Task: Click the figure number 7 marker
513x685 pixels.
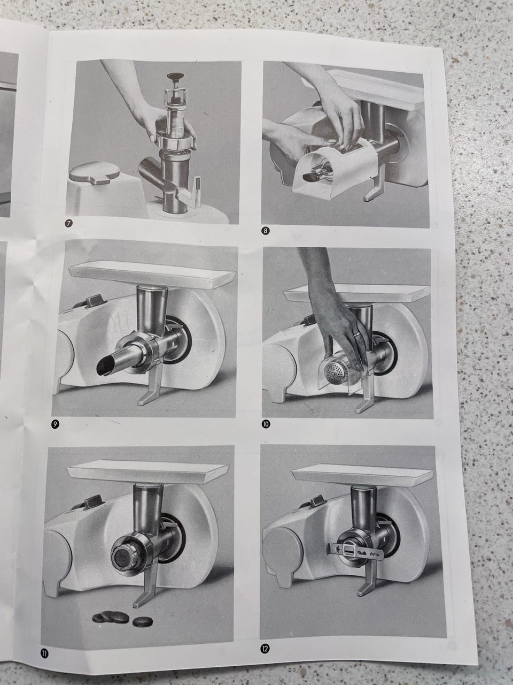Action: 69,223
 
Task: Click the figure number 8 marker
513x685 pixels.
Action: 265,231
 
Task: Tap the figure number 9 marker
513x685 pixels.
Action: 55,424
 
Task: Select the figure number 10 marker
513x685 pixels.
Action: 266,424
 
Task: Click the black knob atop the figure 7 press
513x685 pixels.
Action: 175,76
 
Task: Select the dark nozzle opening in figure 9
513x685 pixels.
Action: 104,367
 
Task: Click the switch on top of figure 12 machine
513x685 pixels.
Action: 314,501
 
